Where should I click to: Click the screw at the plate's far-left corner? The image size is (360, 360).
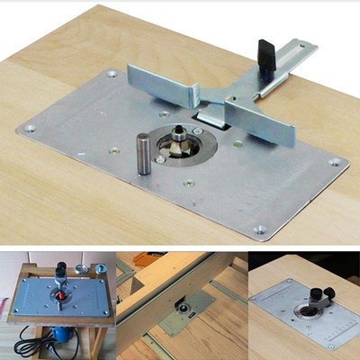(30, 129)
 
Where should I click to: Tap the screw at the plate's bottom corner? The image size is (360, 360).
(259, 229)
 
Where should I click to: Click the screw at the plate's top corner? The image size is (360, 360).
(112, 74)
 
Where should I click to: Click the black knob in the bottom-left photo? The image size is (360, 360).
(61, 270)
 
